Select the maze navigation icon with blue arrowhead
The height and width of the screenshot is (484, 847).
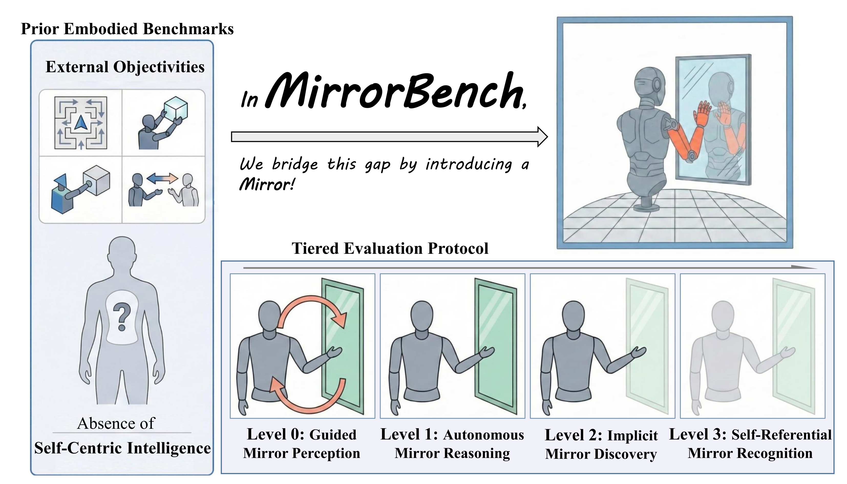coord(81,123)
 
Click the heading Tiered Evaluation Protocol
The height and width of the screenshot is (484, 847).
coord(390,248)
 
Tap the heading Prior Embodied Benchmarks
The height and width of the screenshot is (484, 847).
coord(127,29)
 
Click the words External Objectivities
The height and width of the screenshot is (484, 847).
coord(125,67)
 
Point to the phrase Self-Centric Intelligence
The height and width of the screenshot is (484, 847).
coord(122,448)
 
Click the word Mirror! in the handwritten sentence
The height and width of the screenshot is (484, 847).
coord(267,184)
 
